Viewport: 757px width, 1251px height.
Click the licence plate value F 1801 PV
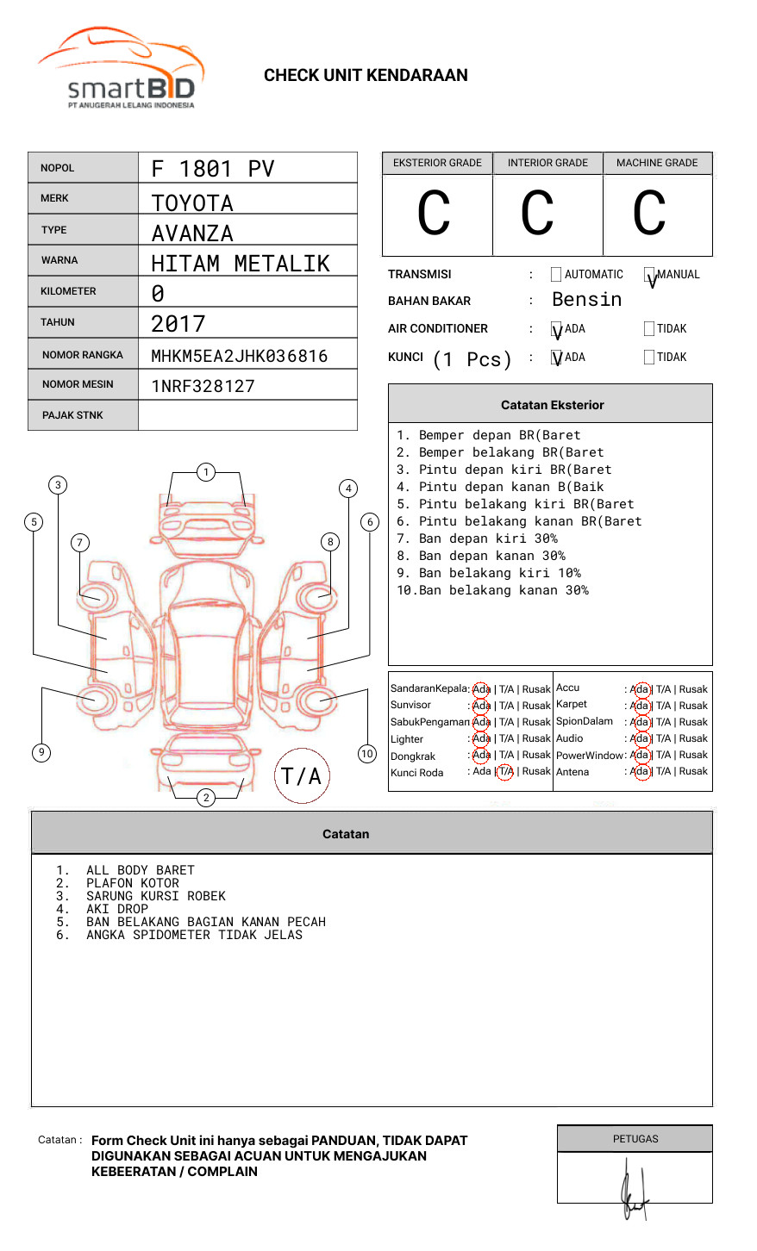(x=212, y=169)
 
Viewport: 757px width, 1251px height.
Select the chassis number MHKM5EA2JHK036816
(x=239, y=356)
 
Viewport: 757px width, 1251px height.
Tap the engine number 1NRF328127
(x=203, y=386)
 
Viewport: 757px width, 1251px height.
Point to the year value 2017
(x=178, y=324)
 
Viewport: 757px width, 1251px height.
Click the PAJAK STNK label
(x=72, y=415)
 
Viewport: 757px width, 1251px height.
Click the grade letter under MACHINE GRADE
(x=649, y=214)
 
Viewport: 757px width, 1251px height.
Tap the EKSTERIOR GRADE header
(x=437, y=163)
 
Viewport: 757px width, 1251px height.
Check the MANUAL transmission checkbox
(x=649, y=275)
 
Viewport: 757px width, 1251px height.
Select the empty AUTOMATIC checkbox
(x=556, y=275)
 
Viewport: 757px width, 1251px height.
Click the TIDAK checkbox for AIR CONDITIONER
(x=649, y=329)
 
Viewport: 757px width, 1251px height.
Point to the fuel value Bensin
(x=586, y=300)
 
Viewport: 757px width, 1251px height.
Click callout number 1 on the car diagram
(x=205, y=471)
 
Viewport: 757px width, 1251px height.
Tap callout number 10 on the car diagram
(x=367, y=754)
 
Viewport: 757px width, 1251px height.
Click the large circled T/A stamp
(x=302, y=776)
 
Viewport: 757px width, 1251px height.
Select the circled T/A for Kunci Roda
(x=505, y=772)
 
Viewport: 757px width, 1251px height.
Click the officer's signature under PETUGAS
(x=633, y=1189)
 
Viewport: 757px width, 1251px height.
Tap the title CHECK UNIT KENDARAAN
(x=366, y=76)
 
